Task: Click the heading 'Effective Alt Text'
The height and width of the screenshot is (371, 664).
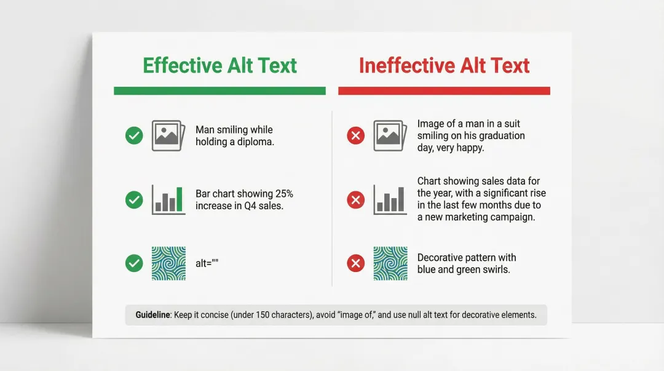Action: click(x=219, y=65)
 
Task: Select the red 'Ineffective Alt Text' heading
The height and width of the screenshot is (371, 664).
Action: click(x=444, y=65)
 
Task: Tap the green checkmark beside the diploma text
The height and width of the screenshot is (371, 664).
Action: click(x=134, y=135)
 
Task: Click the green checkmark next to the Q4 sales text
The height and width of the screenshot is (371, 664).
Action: click(x=134, y=199)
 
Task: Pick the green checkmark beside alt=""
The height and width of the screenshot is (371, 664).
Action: click(x=134, y=263)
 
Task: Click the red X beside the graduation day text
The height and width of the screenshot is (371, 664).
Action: click(x=355, y=135)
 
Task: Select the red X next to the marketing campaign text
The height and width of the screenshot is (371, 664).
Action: click(x=355, y=199)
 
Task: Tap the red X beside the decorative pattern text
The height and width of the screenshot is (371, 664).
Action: click(x=355, y=263)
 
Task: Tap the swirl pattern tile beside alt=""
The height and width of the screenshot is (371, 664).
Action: click(x=168, y=263)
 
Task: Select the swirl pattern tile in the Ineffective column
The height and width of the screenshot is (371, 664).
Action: click(x=390, y=263)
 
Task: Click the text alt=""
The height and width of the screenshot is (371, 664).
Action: click(x=207, y=263)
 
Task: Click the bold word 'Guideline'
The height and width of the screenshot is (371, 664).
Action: click(x=153, y=315)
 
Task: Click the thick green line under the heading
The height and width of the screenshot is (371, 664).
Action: click(x=219, y=90)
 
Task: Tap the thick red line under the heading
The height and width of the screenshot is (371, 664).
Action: click(x=444, y=90)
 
